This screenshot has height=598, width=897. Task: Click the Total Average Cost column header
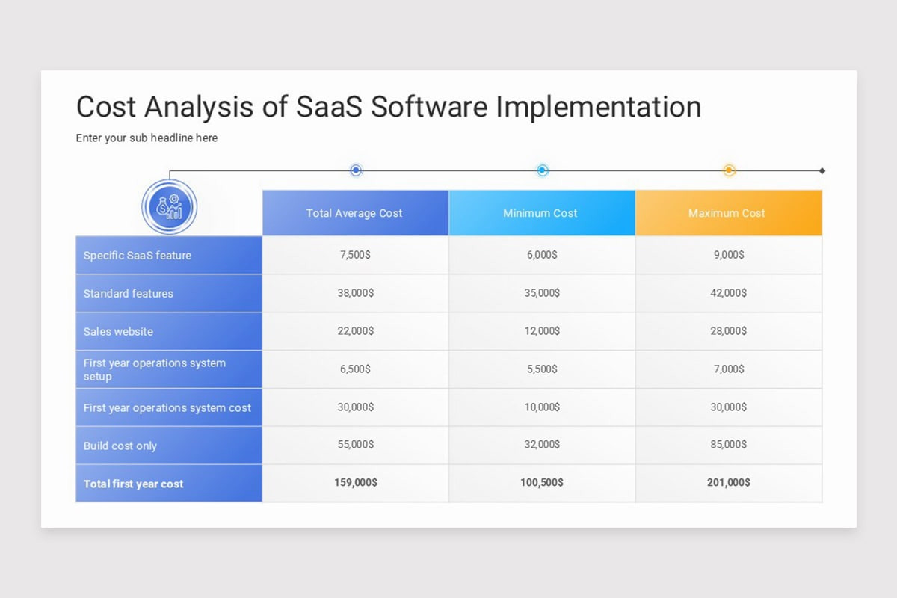[x=354, y=213]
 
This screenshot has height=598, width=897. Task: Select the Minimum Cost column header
[x=540, y=213]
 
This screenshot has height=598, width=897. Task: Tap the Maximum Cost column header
[x=727, y=213]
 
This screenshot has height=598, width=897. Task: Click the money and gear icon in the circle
[x=169, y=207]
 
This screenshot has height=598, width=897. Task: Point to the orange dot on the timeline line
[x=729, y=170]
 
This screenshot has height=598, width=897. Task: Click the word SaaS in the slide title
[x=329, y=107]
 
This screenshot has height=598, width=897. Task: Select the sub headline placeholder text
[x=147, y=138]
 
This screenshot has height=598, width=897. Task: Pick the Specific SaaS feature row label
[x=138, y=255]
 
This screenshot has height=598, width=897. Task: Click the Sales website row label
[x=118, y=331]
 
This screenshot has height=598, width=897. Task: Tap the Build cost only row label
[x=120, y=446]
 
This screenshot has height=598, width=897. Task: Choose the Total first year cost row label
[x=133, y=484]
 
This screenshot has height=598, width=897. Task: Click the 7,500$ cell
[x=355, y=255]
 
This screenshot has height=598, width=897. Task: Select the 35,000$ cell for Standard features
[x=542, y=293]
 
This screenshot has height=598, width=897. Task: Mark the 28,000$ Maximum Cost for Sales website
[x=728, y=331]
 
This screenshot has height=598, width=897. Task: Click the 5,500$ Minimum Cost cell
[x=542, y=369]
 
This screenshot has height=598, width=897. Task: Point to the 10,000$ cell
[x=542, y=407]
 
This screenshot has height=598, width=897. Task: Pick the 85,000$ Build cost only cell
[x=728, y=446]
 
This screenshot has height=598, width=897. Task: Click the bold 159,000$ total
[x=355, y=483]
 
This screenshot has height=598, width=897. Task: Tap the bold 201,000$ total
[x=728, y=483]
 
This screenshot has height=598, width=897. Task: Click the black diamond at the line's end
[x=822, y=170]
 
